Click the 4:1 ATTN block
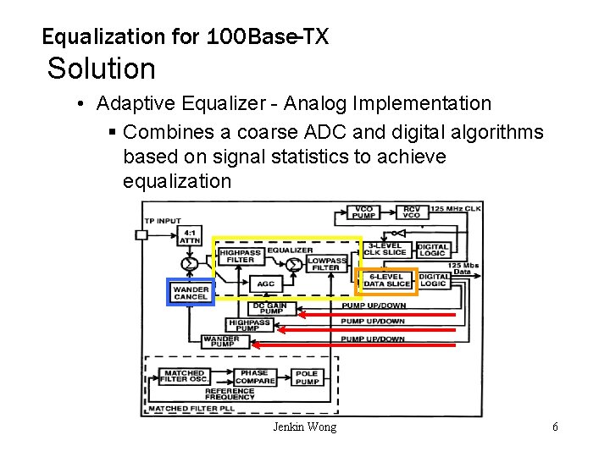tap(190, 236)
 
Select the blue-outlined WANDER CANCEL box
tap(191, 292)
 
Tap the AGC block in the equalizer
tap(265, 284)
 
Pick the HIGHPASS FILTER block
tap(240, 255)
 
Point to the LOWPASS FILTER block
tap(323, 262)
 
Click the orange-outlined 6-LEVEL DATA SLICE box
tap(386, 280)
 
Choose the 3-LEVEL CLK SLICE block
tap(386, 249)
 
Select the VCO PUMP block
tap(363, 212)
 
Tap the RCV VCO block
tap(411, 212)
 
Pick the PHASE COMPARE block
tap(254, 377)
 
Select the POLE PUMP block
tap(307, 377)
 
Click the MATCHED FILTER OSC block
tap(184, 377)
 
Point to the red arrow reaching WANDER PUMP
tap(356, 345)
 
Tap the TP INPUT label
tap(163, 220)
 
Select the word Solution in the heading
tap(102, 69)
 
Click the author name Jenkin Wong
tap(304, 427)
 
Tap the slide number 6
tap(555, 427)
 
